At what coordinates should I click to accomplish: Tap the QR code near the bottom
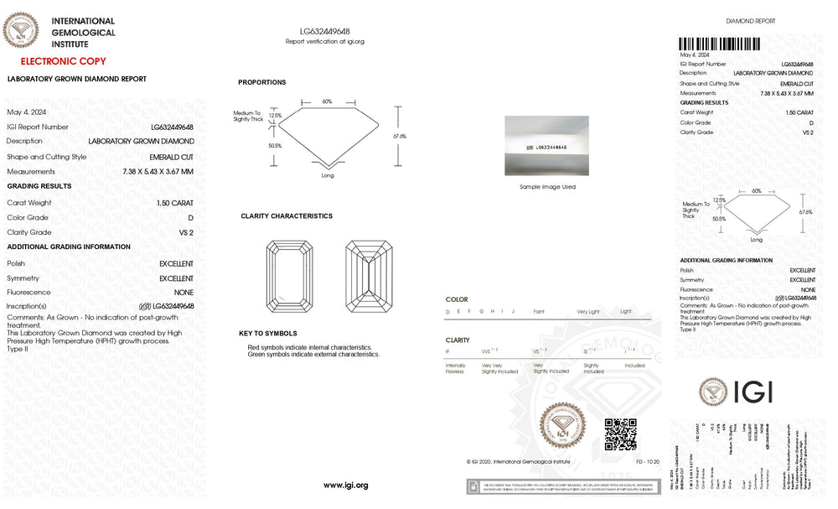[x=620, y=434]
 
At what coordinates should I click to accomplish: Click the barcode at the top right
[x=720, y=44]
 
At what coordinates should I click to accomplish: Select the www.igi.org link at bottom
[x=345, y=486]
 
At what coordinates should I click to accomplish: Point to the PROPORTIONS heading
[x=261, y=82]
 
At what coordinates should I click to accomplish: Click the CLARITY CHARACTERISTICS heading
[x=287, y=216]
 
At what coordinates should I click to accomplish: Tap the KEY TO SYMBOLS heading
[x=268, y=334]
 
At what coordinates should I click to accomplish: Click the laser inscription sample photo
[x=546, y=146]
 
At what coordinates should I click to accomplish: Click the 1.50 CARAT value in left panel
[x=174, y=203]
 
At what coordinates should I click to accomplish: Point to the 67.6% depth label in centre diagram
[x=399, y=136]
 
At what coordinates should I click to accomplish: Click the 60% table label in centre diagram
[x=327, y=101]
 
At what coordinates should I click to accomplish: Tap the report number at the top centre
[x=325, y=31]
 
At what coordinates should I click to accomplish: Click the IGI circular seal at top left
[x=21, y=31]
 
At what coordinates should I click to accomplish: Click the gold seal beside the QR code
[x=562, y=428]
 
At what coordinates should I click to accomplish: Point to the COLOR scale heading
[x=457, y=299]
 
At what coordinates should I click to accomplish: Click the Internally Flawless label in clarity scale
[x=456, y=368]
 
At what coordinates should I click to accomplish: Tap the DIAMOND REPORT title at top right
[x=750, y=21]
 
